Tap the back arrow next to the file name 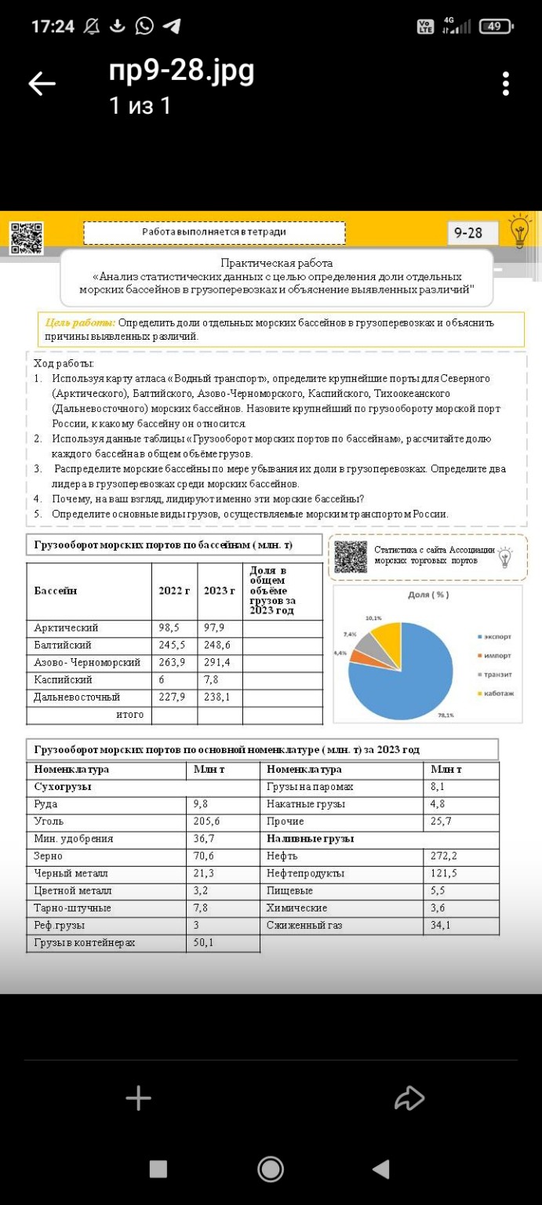click(x=42, y=84)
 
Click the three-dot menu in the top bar click(x=506, y=83)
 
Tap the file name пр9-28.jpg click(x=181, y=71)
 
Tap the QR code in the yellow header click(x=27, y=238)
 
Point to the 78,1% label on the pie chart click(x=446, y=715)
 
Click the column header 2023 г click(x=220, y=590)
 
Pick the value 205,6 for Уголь click(x=207, y=821)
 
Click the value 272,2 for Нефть click(x=444, y=855)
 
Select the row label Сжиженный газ click(x=304, y=926)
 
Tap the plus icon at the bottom click(x=138, y=1098)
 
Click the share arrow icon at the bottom click(x=409, y=1098)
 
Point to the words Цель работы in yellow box click(x=80, y=322)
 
